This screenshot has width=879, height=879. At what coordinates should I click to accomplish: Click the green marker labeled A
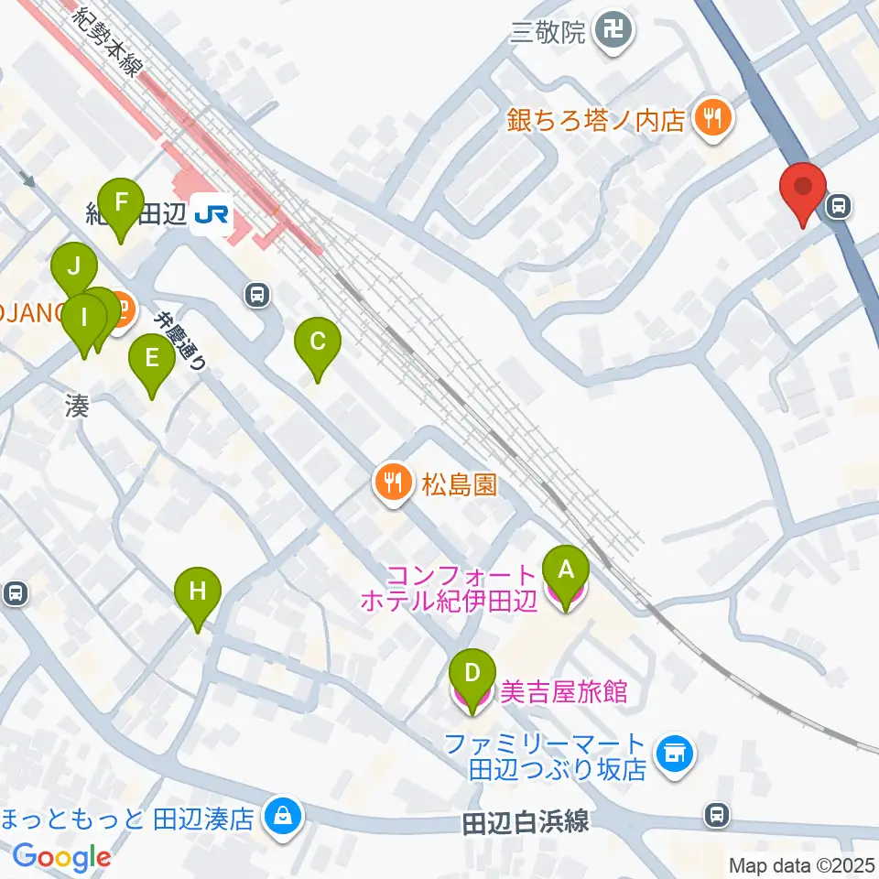pos(565,571)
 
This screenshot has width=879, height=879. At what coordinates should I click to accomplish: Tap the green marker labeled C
pos(317,342)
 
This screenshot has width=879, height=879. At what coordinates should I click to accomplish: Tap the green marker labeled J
pos(75,269)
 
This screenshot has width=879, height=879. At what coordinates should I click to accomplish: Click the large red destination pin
pos(803,188)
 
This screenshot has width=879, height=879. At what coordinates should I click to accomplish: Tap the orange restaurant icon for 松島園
pos(394,481)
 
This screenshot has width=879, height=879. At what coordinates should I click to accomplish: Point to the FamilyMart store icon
pos(676,754)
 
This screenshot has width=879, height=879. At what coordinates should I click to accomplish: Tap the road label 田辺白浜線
pos(525,821)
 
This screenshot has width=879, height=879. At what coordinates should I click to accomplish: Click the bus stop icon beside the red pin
pos(836,208)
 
